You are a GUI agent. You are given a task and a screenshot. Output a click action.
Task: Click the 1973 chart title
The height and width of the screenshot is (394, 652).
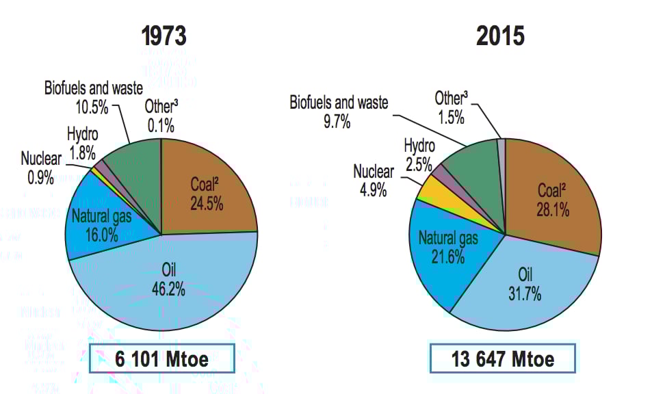pyautogui.click(x=164, y=35)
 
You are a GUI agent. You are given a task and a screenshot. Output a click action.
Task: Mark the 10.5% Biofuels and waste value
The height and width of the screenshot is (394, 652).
pyautogui.click(x=90, y=109)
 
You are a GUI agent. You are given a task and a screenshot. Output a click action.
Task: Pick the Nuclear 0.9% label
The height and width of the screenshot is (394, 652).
pyautogui.click(x=41, y=168)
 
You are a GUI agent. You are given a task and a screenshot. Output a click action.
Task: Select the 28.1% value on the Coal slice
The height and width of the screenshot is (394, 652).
pyautogui.click(x=553, y=211)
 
